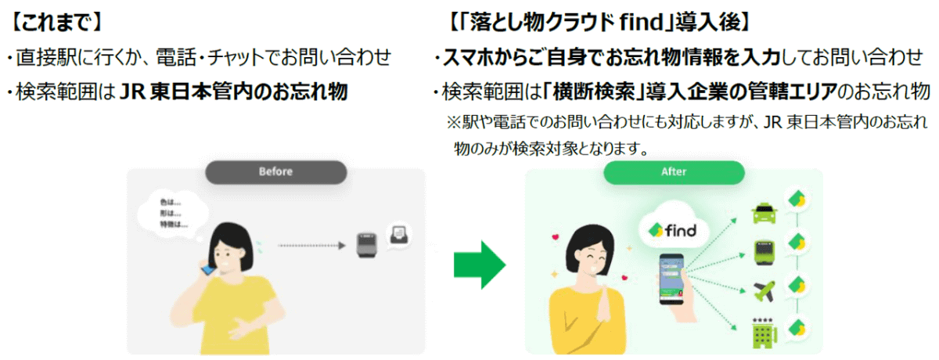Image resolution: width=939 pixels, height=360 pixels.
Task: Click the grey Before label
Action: (x=275, y=171)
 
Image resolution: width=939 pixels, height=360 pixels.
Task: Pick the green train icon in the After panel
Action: (x=763, y=250)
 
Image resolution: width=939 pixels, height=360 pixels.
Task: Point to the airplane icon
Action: (x=762, y=290)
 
